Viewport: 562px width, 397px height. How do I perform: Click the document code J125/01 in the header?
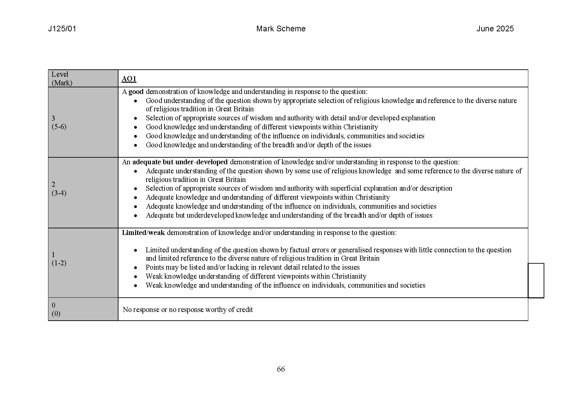coord(62,29)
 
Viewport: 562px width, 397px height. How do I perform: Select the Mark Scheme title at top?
coord(281,29)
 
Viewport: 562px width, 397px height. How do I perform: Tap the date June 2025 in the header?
coord(495,29)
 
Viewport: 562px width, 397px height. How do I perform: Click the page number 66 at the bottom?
coord(281,369)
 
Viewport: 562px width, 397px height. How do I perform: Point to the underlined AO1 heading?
coord(129,79)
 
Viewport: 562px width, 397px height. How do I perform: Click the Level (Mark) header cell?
coord(62,79)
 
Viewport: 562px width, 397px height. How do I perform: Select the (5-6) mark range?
coord(59,127)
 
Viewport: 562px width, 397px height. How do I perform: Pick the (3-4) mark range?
coord(59,193)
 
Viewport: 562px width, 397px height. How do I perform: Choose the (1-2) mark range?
coord(59,263)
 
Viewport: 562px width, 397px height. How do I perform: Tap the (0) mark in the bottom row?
coord(56,314)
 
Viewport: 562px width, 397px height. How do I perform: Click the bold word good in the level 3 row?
coord(136,92)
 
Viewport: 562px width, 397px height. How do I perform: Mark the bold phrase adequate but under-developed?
coord(180,162)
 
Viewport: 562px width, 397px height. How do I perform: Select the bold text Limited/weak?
coord(143,233)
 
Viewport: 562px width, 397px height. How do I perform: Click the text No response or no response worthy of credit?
coord(188,310)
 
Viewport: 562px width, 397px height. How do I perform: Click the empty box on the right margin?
coord(536,280)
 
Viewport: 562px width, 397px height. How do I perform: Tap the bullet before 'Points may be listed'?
coord(135,268)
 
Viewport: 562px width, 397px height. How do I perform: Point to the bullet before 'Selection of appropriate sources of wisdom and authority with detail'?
coord(135,118)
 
